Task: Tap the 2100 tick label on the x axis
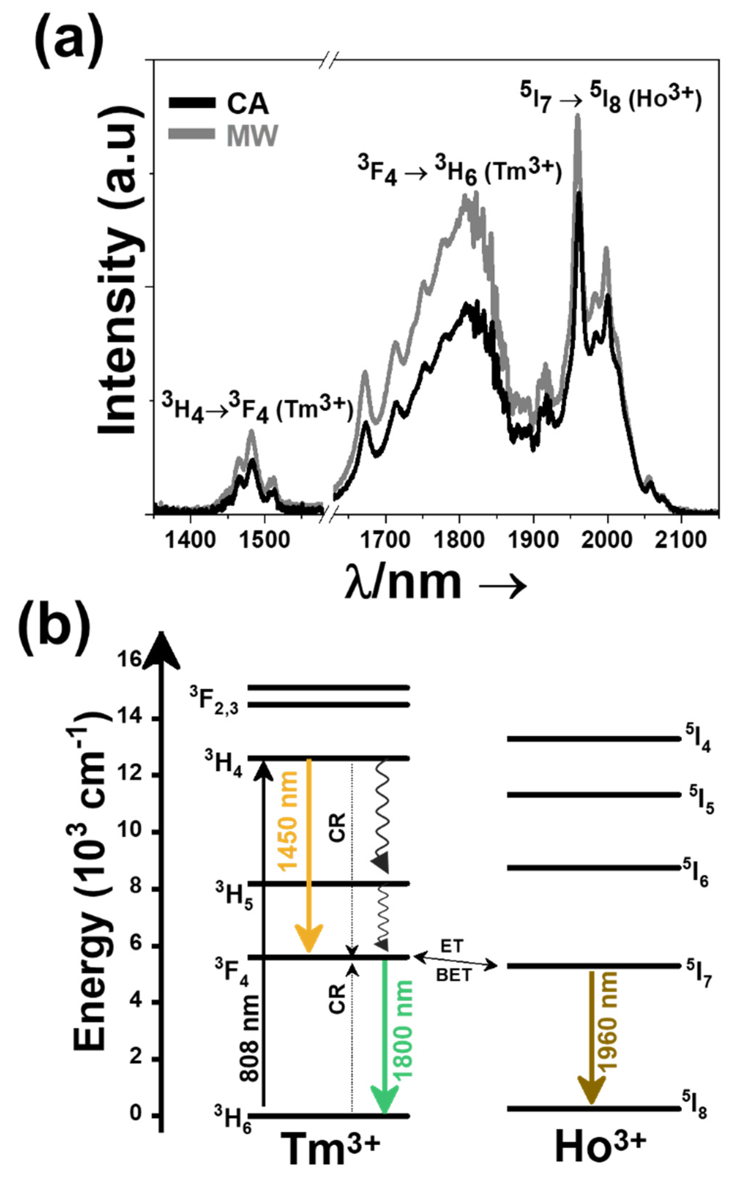point(681,539)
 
